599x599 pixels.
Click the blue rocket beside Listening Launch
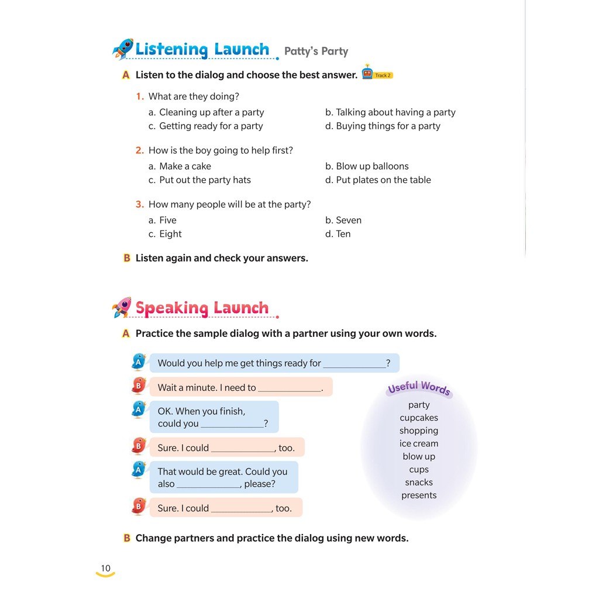click(123, 49)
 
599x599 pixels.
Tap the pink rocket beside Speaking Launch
click(122, 307)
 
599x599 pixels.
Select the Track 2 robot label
click(377, 74)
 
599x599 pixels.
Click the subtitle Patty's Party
click(316, 51)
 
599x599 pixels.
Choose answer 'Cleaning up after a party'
click(211, 112)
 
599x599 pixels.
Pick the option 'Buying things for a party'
click(388, 126)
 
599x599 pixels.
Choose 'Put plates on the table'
click(383, 180)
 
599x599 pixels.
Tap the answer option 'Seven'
click(349, 220)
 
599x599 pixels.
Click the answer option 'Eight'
click(170, 234)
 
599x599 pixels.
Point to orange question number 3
click(139, 204)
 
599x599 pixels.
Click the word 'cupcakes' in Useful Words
click(419, 418)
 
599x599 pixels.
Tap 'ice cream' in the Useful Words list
click(419, 443)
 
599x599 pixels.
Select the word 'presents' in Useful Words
click(419, 495)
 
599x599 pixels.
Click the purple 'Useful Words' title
click(419, 388)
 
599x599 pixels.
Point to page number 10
click(105, 569)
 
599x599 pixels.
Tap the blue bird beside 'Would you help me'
click(139, 362)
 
